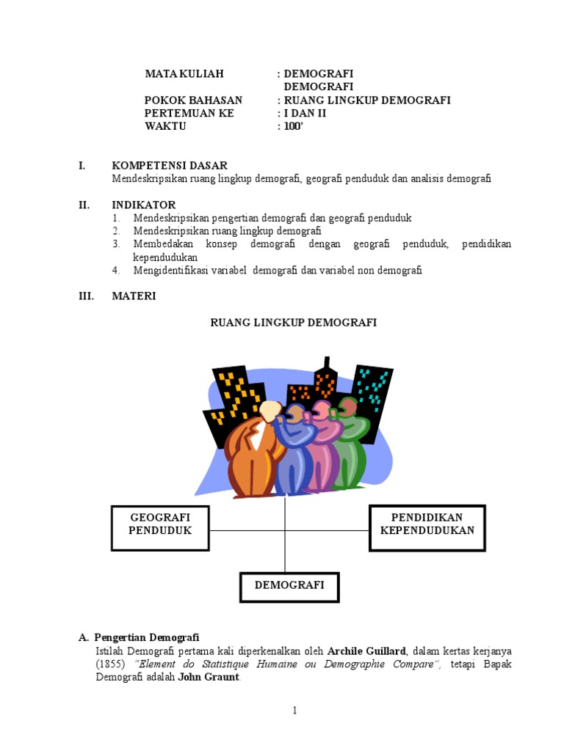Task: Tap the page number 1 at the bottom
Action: click(294, 711)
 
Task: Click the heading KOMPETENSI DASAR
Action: click(170, 166)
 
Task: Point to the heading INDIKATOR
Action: click(144, 205)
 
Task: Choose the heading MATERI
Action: click(134, 296)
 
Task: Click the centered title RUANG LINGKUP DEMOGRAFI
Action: click(294, 323)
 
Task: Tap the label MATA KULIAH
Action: click(184, 74)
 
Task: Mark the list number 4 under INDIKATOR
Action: click(115, 271)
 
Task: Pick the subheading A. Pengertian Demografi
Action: click(140, 637)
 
